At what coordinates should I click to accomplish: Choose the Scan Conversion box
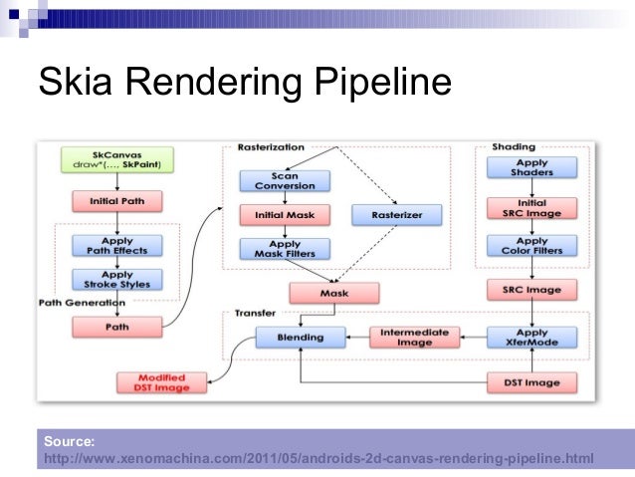coord(284,180)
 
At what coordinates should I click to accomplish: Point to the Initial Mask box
coord(284,214)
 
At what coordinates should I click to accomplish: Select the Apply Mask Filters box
coord(284,250)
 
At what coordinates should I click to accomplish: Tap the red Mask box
coord(333,293)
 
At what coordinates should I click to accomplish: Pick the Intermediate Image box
coord(415,338)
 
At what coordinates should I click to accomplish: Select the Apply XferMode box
coord(531,338)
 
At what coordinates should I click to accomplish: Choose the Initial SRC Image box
coord(531,207)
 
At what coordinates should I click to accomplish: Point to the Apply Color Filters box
coord(531,246)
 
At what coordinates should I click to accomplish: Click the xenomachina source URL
coord(318,458)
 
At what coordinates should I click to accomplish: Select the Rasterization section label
coord(271,146)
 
